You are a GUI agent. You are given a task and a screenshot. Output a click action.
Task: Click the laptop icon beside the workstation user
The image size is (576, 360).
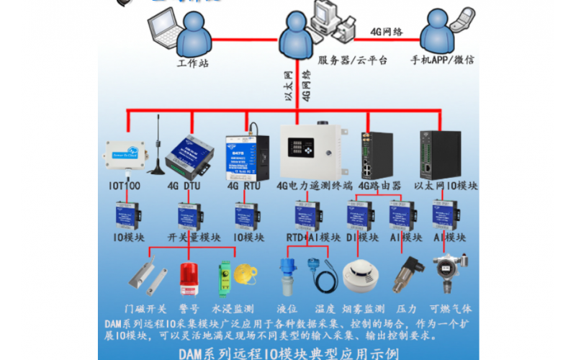pyautogui.click(x=163, y=28)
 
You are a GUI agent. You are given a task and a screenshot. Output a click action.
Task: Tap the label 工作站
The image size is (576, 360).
pyautogui.click(x=192, y=63)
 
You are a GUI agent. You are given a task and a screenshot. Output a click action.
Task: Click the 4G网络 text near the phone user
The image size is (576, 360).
pyautogui.click(x=386, y=32)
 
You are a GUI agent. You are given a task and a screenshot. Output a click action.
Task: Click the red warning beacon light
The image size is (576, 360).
pyautogui.click(x=189, y=276)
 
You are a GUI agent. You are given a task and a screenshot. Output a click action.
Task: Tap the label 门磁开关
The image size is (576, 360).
pyautogui.click(x=145, y=308)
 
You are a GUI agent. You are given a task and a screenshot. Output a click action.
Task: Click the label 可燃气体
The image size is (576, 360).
pyautogui.click(x=451, y=308)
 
